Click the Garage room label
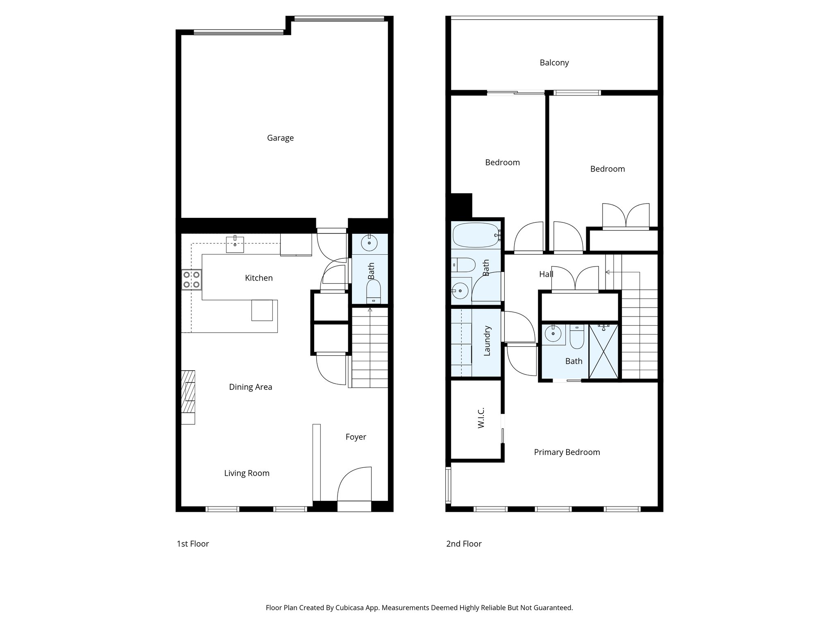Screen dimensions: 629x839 click(x=280, y=138)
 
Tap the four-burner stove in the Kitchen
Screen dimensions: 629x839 click(x=191, y=280)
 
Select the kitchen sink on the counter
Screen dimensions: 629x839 click(x=235, y=244)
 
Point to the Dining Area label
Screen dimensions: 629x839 click(x=250, y=387)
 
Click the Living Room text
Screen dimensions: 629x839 click(x=247, y=473)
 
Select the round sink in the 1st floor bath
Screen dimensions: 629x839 click(x=370, y=243)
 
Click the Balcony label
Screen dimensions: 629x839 click(x=554, y=63)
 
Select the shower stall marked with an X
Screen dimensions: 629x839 click(x=603, y=351)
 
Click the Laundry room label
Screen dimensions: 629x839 click(x=487, y=341)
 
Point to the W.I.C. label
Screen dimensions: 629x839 click(x=481, y=418)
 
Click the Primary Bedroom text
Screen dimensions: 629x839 click(x=567, y=452)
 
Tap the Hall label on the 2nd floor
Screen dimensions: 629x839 click(x=546, y=274)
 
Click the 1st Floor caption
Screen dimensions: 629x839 click(x=193, y=544)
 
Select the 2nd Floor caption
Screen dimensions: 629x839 click(x=464, y=544)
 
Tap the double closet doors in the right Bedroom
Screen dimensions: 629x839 click(x=626, y=215)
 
